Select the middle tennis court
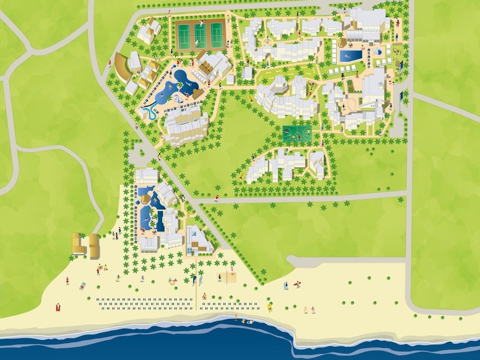coord(200,35)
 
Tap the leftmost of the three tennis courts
coord(184,35)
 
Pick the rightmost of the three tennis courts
coord(216,35)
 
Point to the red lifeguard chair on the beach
coord(58,307)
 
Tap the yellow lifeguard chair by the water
coord(269,307)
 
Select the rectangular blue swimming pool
coord(350,56)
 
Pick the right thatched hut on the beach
coord(94,244)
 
